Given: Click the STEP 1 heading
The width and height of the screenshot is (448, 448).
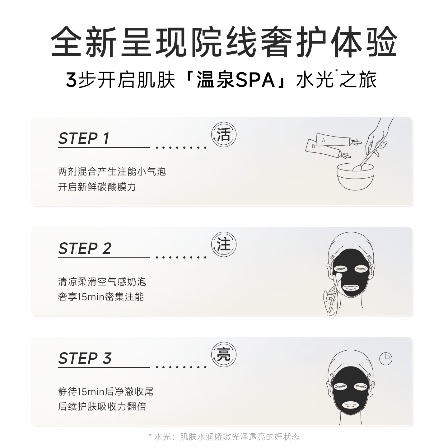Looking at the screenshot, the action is click(x=84, y=138).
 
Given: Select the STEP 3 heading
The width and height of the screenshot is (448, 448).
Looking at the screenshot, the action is click(x=85, y=358).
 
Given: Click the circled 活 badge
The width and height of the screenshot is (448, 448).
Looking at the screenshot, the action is click(x=224, y=135).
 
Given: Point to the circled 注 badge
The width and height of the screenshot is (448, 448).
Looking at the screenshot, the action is click(x=224, y=245).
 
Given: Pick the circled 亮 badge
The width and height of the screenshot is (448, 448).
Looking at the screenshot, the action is click(x=224, y=355).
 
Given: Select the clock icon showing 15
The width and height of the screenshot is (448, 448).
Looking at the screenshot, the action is click(x=386, y=359).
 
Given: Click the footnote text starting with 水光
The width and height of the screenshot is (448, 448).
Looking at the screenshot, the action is click(x=227, y=436).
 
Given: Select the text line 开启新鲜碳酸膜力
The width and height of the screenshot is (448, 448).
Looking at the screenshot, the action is click(x=97, y=187).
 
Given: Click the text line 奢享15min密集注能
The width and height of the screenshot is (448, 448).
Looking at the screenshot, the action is click(x=101, y=297).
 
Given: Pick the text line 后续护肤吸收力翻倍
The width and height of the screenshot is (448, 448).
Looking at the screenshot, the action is click(x=102, y=407).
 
